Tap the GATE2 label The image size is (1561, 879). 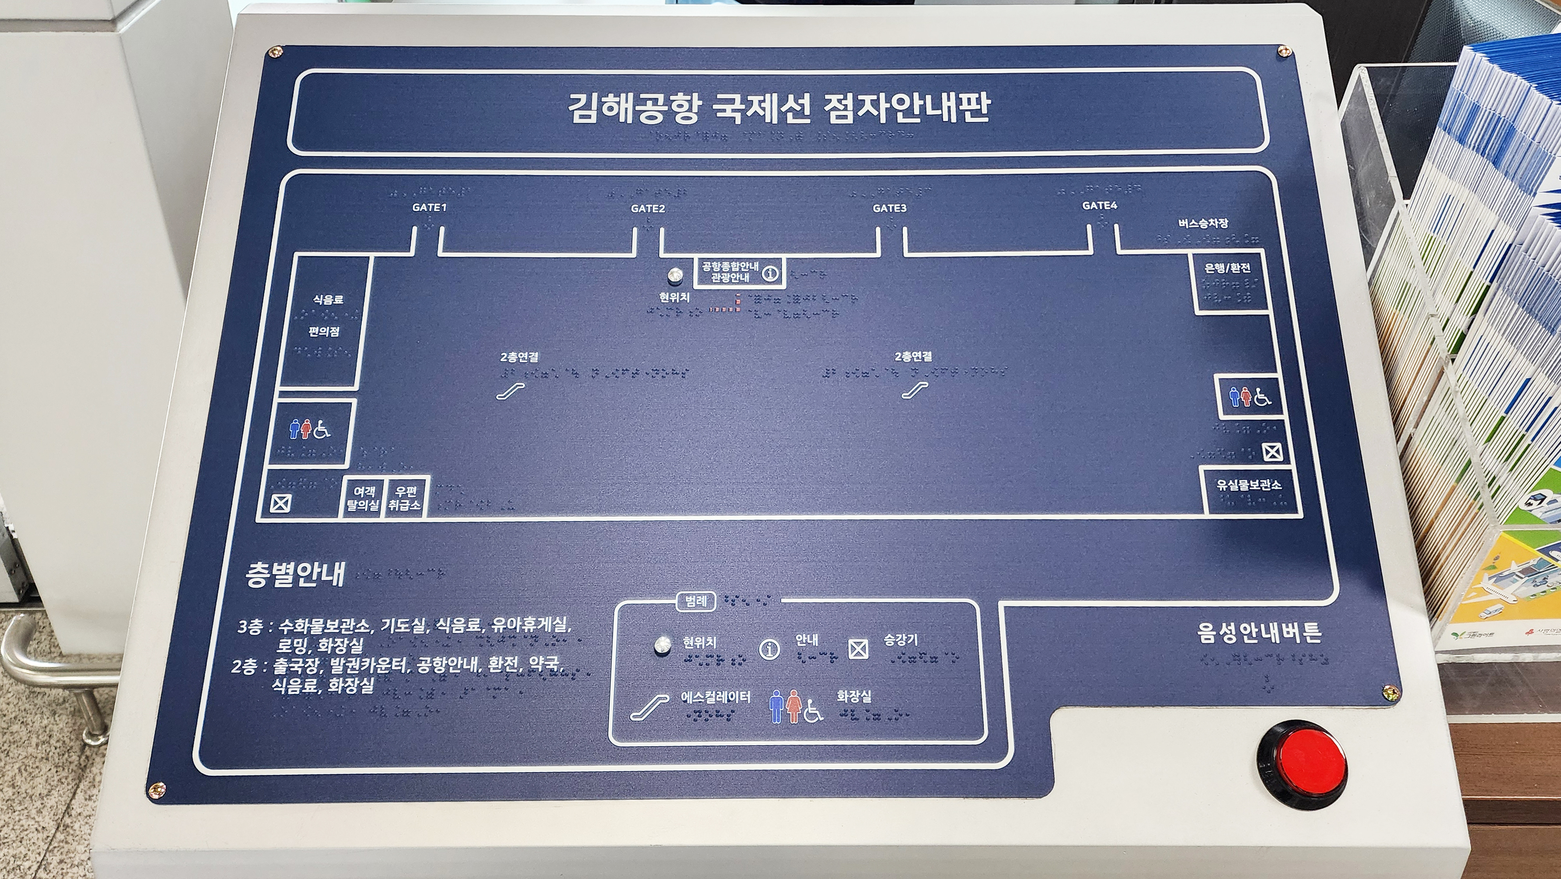pyautogui.click(x=648, y=208)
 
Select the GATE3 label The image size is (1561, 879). pyautogui.click(x=890, y=208)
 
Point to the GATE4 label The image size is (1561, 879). pyautogui.click(x=1099, y=206)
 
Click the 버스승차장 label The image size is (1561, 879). pyautogui.click(x=1203, y=223)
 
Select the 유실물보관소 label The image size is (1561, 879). pyautogui.click(x=1249, y=485)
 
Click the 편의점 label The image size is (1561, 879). pyautogui.click(x=324, y=332)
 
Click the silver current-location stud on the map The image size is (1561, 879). pyautogui.click(x=674, y=276)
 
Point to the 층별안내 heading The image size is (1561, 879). pyautogui.click(x=295, y=574)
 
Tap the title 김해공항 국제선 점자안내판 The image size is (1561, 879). pyautogui.click(x=778, y=109)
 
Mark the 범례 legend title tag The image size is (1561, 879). pyautogui.click(x=695, y=601)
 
